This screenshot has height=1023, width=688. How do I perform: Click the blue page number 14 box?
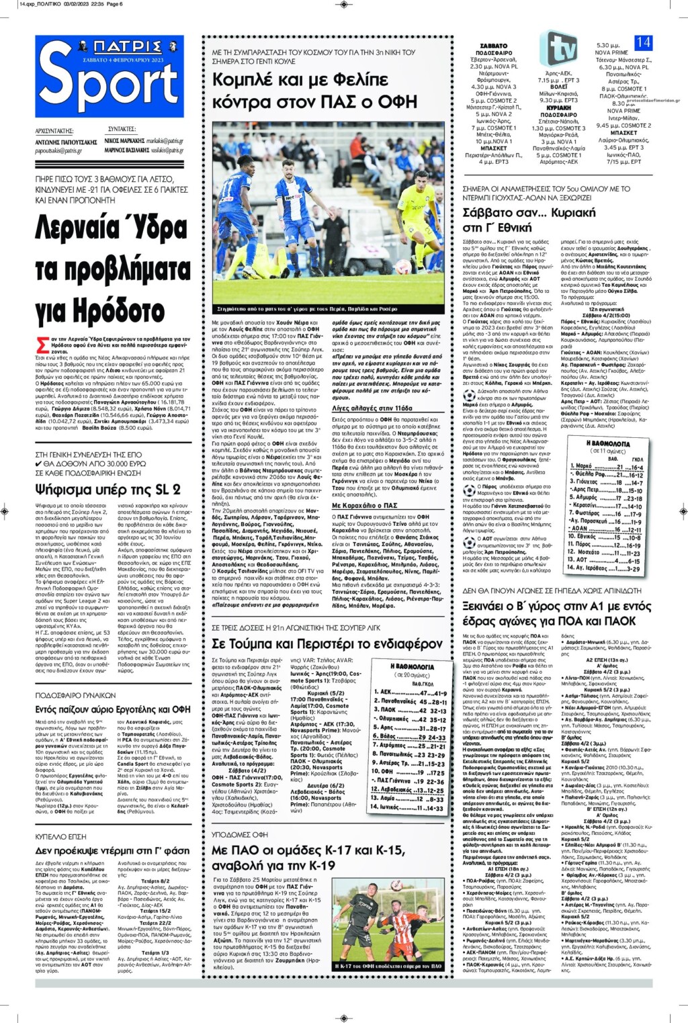(x=643, y=42)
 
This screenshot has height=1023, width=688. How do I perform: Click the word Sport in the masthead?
(x=109, y=86)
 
